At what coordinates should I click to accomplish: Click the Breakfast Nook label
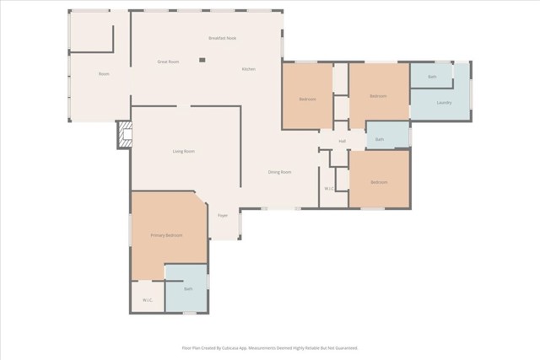(222, 39)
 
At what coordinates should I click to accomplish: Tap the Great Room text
(168, 62)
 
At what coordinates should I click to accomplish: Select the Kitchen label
(249, 69)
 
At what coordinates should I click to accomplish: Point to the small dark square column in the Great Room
(202, 60)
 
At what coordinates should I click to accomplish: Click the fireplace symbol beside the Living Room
(124, 135)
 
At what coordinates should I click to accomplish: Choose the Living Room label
(183, 152)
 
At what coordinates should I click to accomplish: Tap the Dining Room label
(280, 172)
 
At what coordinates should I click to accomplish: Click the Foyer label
(223, 216)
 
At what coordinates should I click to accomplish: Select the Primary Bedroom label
(166, 235)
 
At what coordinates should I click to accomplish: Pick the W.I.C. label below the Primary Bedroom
(147, 299)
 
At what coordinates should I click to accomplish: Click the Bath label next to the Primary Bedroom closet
(188, 289)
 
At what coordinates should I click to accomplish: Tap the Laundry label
(444, 103)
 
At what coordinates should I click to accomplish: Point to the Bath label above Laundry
(432, 77)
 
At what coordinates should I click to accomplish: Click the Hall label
(343, 141)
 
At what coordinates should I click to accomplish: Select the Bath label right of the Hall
(380, 139)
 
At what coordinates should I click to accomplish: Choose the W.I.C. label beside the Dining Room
(330, 188)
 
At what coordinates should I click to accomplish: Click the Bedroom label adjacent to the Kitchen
(307, 99)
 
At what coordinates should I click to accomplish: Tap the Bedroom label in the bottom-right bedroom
(379, 182)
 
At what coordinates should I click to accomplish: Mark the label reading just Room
(104, 74)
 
